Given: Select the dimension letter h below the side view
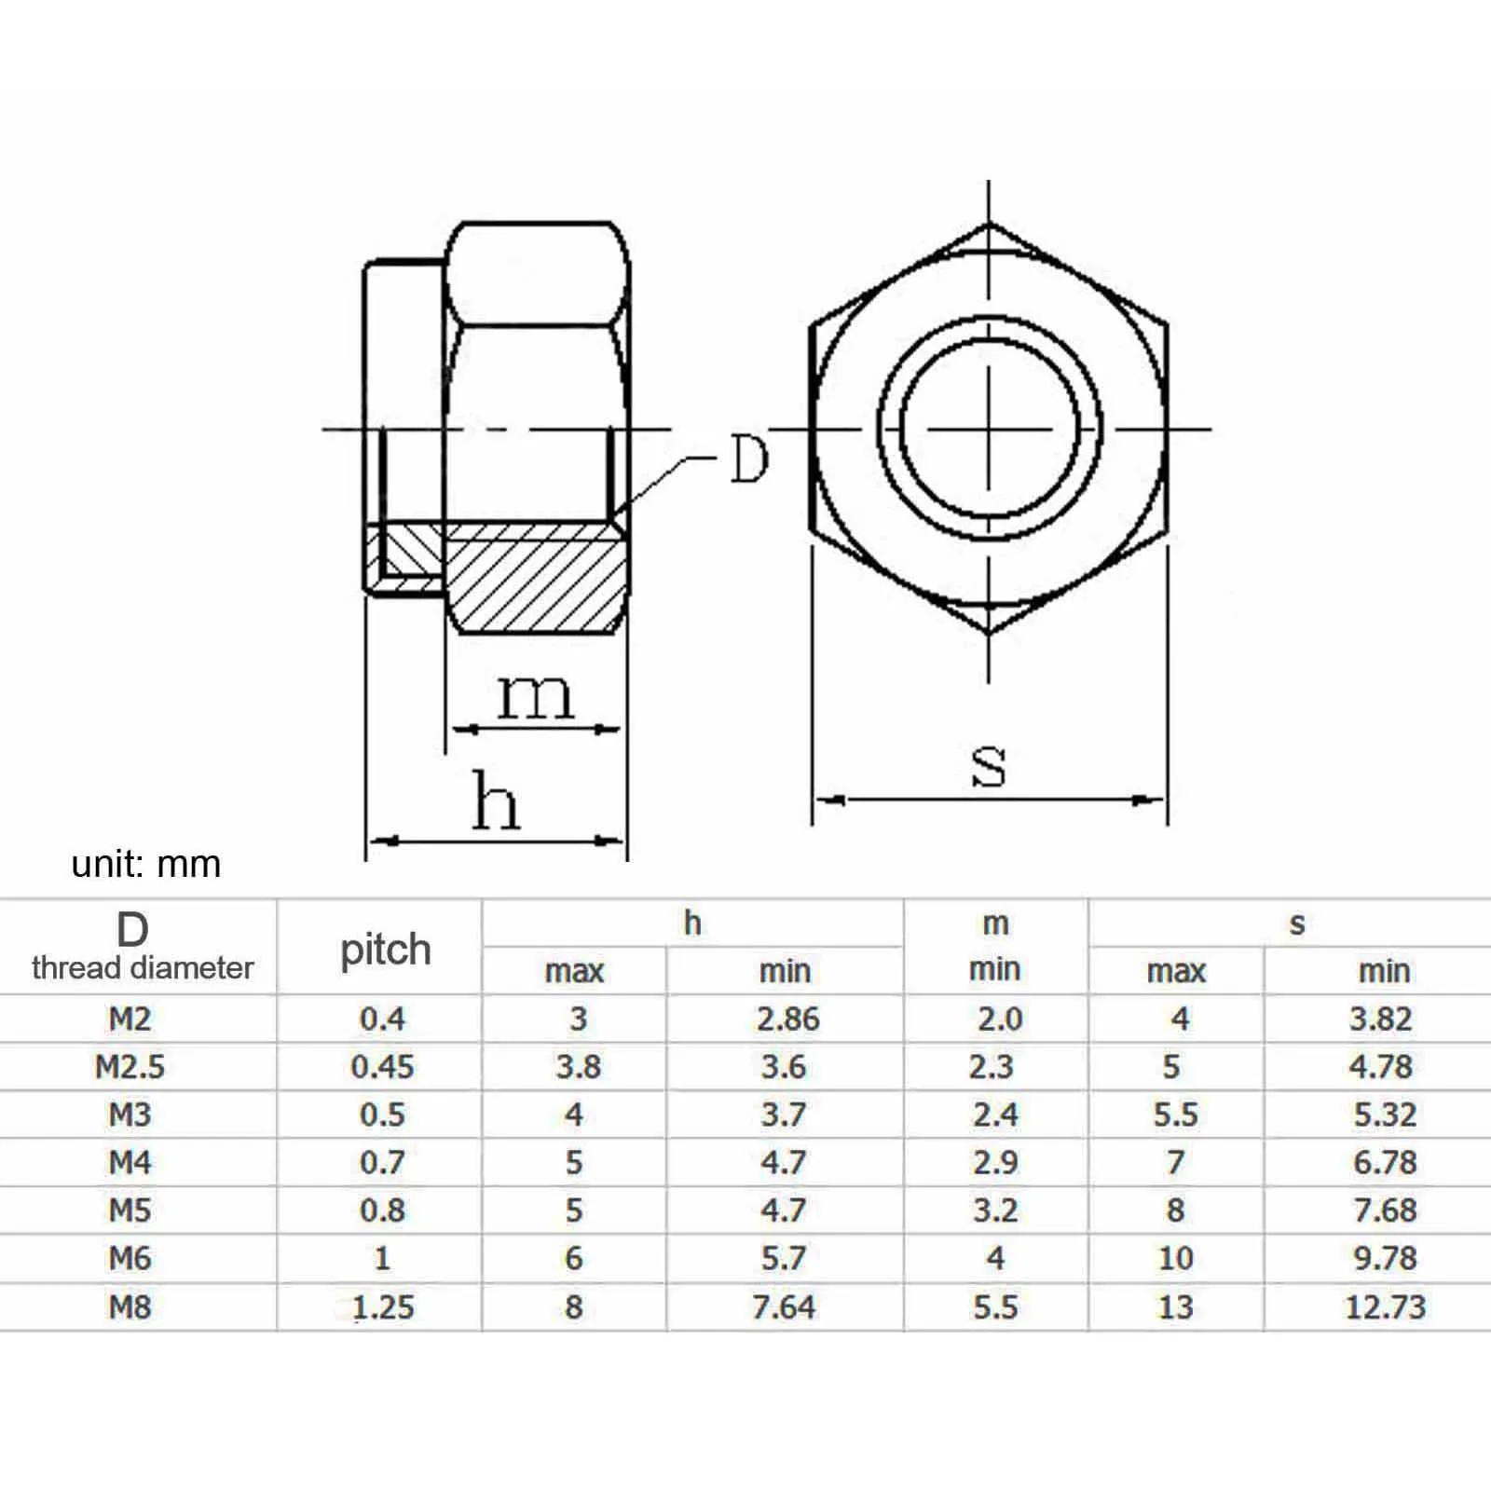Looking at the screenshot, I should coord(495,800).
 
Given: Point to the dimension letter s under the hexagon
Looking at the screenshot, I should coord(989,765).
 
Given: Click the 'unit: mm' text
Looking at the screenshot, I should coord(146,864).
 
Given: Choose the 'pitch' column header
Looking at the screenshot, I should coord(385,950).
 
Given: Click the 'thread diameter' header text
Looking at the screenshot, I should coord(143,968).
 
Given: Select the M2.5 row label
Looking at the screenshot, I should coord(130,1067).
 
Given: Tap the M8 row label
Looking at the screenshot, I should coord(130,1306).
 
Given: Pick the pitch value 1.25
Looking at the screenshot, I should coord(383,1306).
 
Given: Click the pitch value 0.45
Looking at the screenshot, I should coord(382,1067).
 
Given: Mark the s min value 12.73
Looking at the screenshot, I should coord(1385,1306).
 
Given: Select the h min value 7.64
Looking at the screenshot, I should coord(784,1306).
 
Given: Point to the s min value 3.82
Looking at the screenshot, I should coord(1381,1019).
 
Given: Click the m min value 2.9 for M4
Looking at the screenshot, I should coord(995,1162).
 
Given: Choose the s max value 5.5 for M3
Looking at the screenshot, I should coord(1175,1115).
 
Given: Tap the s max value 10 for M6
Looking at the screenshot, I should coord(1175,1258).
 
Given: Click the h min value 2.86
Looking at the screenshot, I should coord(787,1019).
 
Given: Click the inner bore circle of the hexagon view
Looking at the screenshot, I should coord(990,429).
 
